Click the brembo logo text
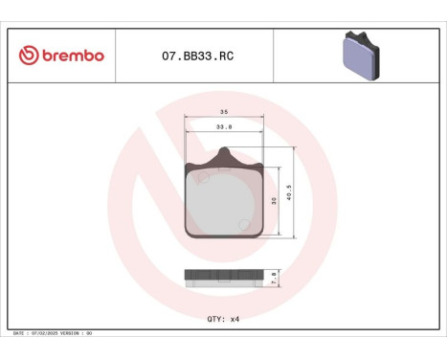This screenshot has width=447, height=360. (73, 56)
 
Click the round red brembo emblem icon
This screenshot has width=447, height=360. (28, 56)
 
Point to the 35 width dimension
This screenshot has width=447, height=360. (223, 113)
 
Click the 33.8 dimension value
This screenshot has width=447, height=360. (223, 126)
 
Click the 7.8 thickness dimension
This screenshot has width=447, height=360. (275, 276)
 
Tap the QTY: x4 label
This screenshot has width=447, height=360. (222, 318)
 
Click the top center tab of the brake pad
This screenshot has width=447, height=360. (224, 154)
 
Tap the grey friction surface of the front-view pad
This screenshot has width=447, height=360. (223, 203)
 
